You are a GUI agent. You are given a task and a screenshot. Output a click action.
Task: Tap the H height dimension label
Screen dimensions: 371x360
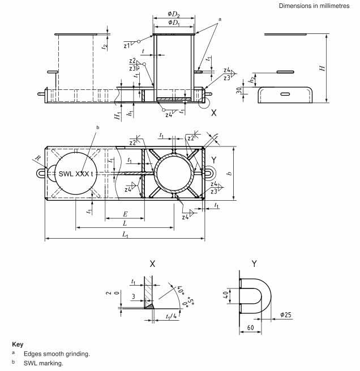(x=322, y=68)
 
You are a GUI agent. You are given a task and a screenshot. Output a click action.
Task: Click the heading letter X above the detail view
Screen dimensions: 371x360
(x=152, y=264)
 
